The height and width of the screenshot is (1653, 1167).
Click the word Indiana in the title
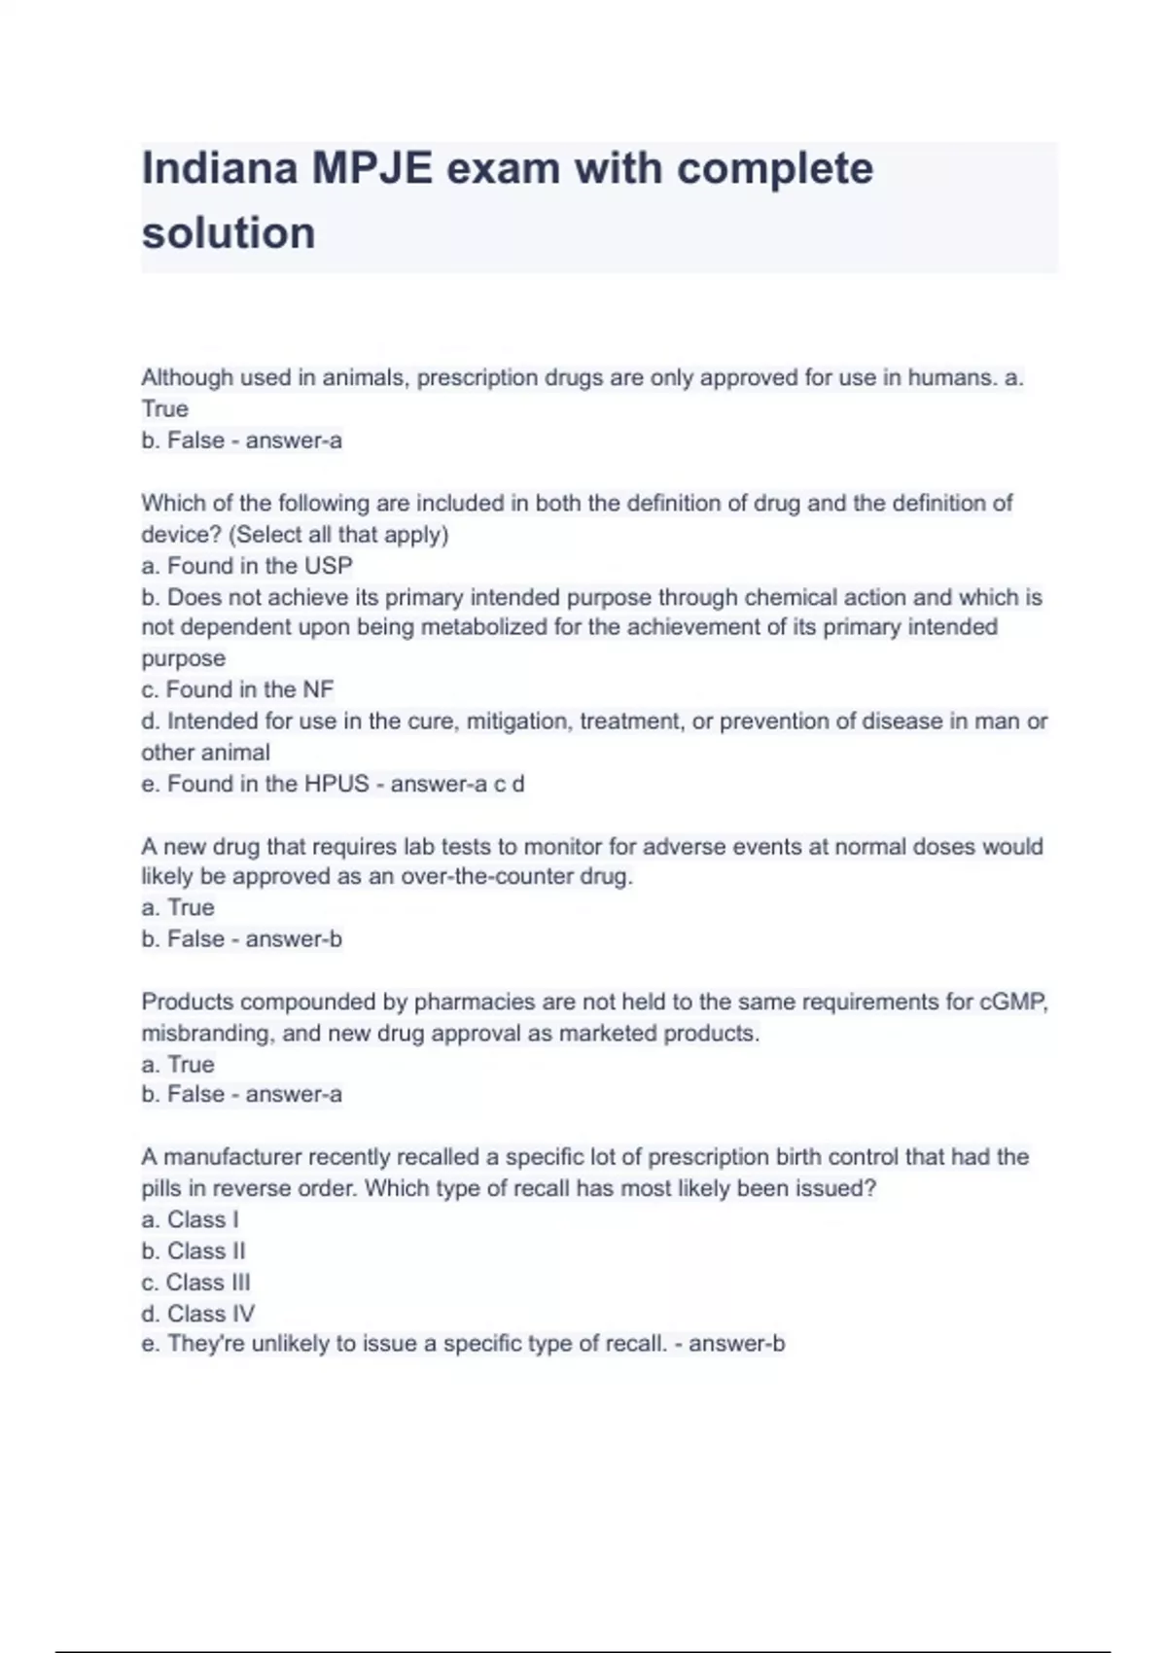click(x=220, y=168)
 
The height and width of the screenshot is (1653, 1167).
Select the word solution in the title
click(x=229, y=233)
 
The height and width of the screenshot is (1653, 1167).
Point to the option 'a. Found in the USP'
click(x=247, y=566)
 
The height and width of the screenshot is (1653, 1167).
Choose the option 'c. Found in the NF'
click(x=237, y=689)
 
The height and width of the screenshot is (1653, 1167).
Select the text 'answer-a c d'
click(x=457, y=784)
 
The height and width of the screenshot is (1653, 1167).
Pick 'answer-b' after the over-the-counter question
click(x=294, y=939)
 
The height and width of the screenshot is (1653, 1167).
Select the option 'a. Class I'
click(x=190, y=1219)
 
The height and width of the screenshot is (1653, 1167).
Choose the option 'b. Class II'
click(x=194, y=1250)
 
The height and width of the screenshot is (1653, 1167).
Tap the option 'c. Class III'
click(x=195, y=1283)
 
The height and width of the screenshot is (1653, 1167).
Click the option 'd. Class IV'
click(x=198, y=1314)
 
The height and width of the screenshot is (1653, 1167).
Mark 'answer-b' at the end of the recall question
click(x=736, y=1344)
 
